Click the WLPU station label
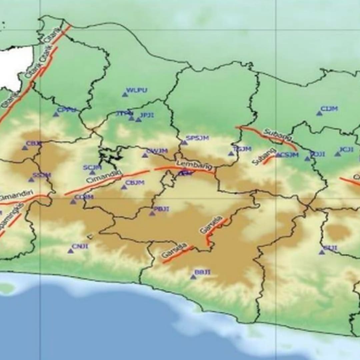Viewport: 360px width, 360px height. point(137,90)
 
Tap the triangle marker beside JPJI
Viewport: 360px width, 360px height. point(138,119)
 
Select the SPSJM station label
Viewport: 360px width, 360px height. point(197,138)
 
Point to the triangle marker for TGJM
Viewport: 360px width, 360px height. point(231,153)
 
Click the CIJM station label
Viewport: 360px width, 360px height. point(329,109)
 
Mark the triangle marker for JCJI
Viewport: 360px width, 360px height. point(337,154)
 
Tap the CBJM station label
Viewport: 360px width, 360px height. point(135,183)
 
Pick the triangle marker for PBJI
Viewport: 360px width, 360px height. point(152,213)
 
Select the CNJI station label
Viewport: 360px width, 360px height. point(80,246)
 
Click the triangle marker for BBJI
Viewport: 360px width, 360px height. point(193,277)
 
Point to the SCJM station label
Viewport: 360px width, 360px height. point(92,167)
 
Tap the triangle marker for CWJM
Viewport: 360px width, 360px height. point(145,155)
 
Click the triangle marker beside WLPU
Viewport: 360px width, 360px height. point(125,95)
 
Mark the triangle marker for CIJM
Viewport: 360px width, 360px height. point(319,113)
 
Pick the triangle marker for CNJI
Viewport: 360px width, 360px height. point(70,251)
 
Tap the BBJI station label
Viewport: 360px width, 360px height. point(203,272)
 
